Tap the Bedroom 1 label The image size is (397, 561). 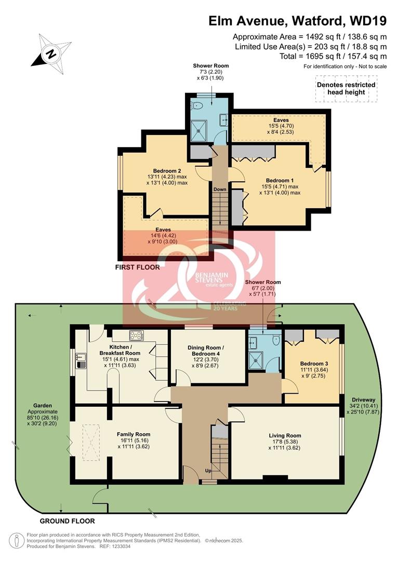(x=280, y=180)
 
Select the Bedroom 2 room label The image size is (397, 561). (x=167, y=171)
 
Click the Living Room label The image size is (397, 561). (x=285, y=435)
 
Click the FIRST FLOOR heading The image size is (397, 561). (x=138, y=268)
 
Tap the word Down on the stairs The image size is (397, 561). (x=219, y=189)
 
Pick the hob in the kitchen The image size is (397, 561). (x=137, y=335)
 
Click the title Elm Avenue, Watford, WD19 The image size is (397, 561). (x=298, y=21)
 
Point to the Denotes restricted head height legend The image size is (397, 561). (x=346, y=88)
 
